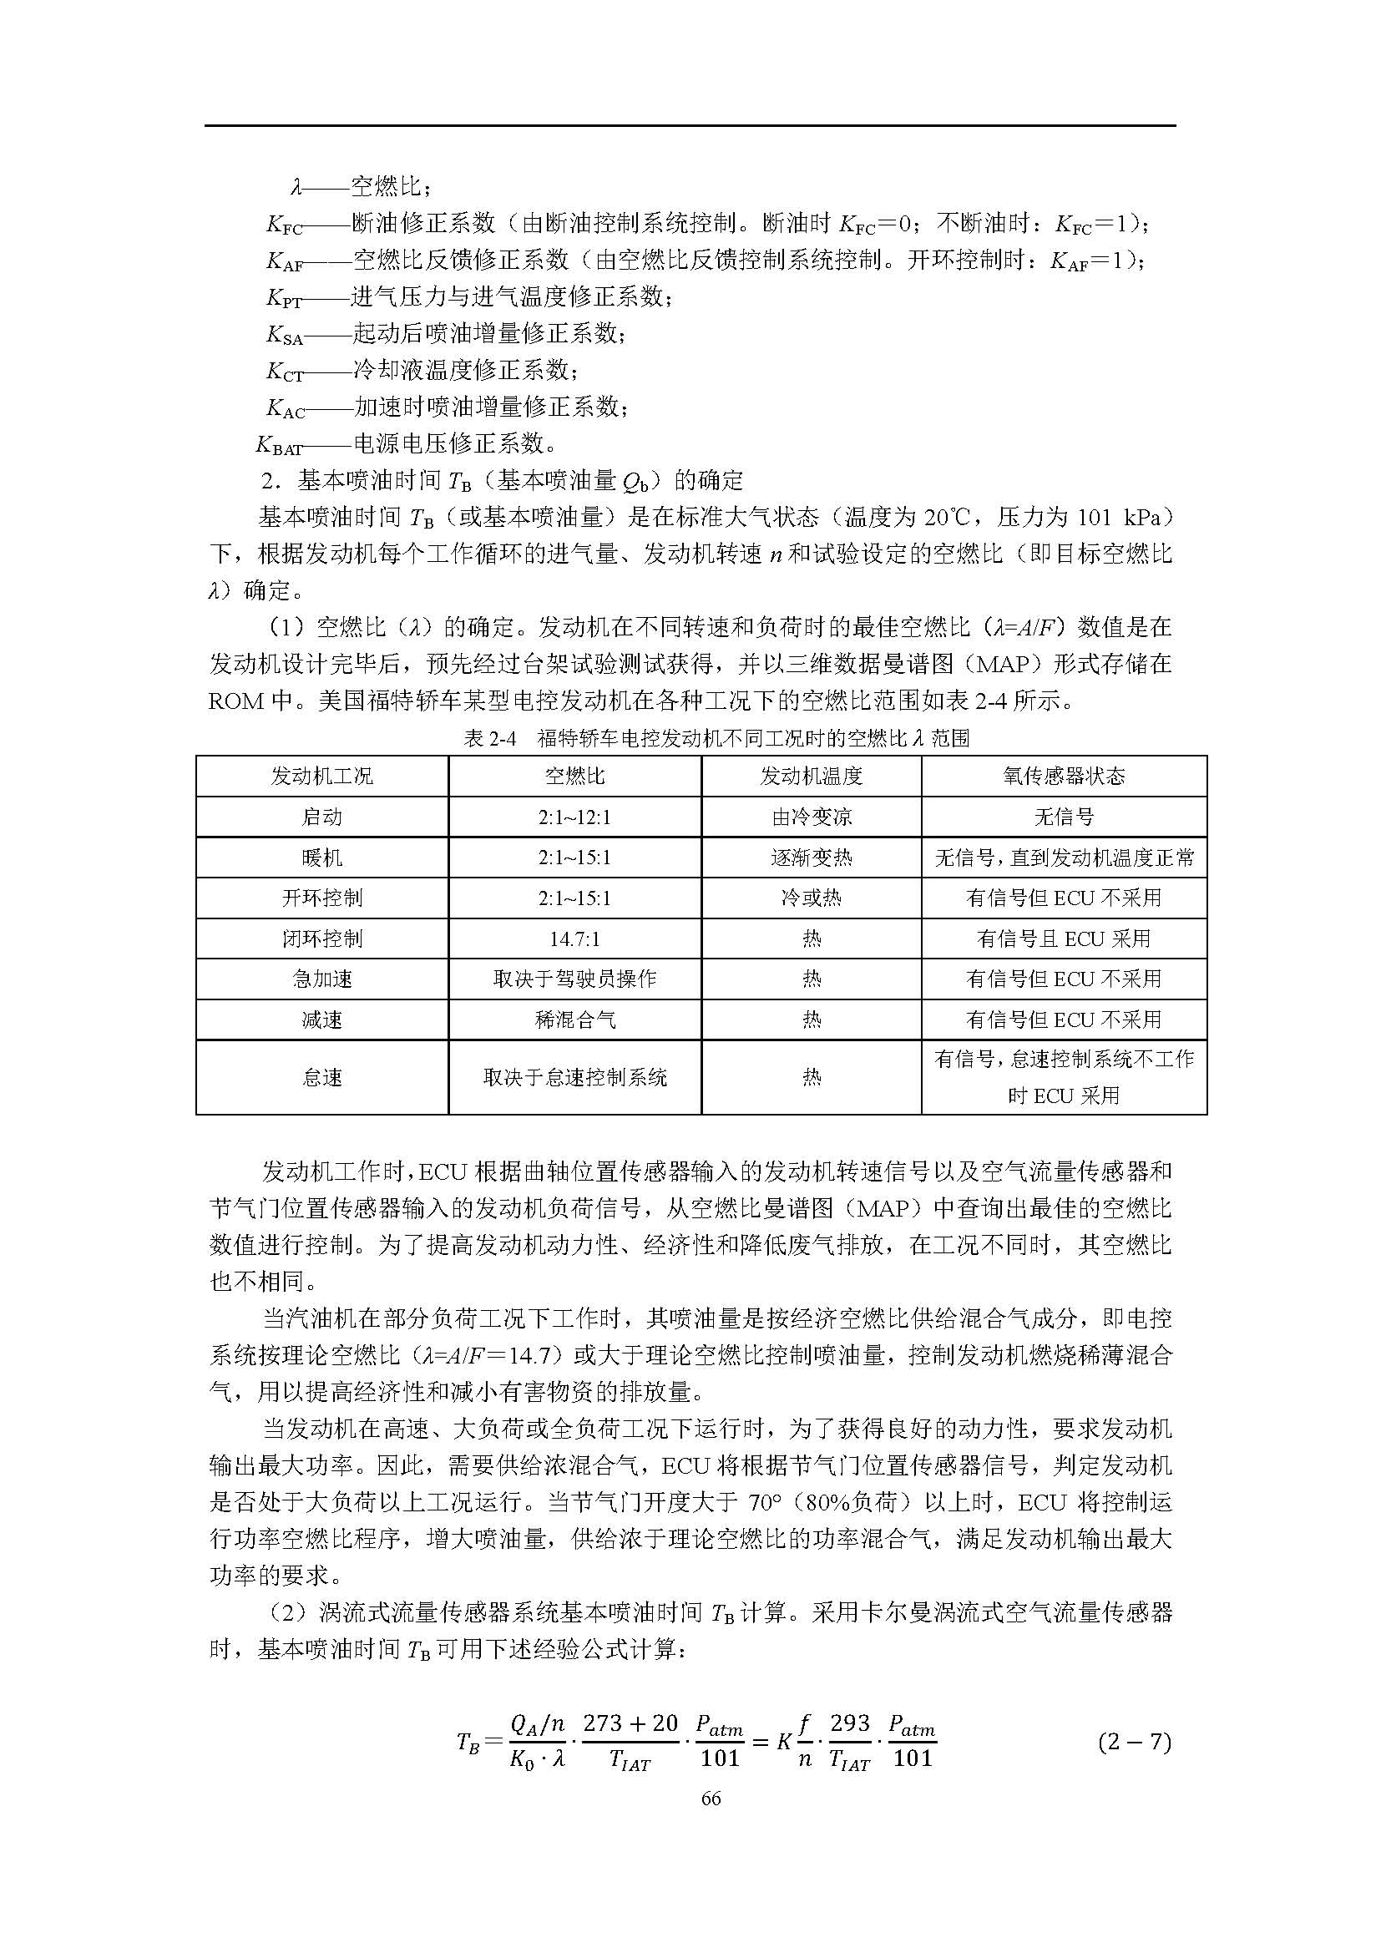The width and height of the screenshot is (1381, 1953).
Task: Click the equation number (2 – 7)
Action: tap(1135, 1741)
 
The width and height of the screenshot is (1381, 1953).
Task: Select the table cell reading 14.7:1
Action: tap(574, 939)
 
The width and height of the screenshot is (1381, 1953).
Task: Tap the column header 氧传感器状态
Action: tap(1064, 776)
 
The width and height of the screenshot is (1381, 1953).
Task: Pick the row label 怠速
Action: tap(322, 1078)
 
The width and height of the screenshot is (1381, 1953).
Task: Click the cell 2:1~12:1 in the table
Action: tap(574, 817)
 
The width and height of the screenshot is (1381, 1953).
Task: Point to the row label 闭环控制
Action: tap(322, 939)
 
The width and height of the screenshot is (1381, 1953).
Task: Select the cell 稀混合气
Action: tap(574, 1020)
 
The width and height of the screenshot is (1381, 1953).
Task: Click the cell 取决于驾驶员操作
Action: tap(574, 979)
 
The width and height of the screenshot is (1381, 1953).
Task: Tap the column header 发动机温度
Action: tap(812, 776)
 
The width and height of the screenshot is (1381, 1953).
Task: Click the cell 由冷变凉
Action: tap(812, 817)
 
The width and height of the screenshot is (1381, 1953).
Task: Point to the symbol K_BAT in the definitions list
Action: tap(279, 445)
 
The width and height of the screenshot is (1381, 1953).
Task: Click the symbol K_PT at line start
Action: tap(284, 298)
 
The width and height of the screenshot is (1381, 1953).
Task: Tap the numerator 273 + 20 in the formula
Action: tap(630, 1723)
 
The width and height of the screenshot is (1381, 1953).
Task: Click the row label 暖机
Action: tap(322, 858)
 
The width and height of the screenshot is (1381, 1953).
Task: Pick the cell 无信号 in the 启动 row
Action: tap(1064, 817)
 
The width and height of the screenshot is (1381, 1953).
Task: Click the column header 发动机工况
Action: tap(322, 776)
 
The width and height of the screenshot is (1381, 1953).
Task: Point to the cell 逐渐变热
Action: tap(812, 858)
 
